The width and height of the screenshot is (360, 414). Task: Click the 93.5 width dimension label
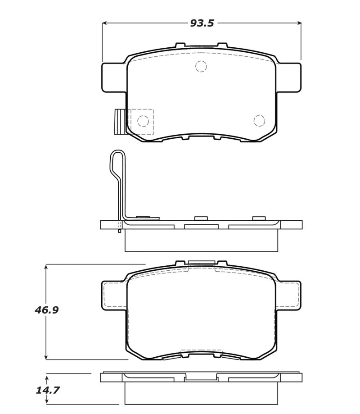click(202, 23)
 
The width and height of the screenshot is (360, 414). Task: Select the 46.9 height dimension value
click(47, 310)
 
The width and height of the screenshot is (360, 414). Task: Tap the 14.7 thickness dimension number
click(47, 390)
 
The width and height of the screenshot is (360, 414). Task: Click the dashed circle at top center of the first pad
click(201, 67)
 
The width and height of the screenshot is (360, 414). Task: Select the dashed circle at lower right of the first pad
click(259, 121)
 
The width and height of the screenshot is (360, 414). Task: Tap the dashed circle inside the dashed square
click(143, 121)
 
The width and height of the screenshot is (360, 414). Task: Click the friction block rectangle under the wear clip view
click(201, 241)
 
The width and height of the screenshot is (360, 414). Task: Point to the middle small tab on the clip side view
click(201, 218)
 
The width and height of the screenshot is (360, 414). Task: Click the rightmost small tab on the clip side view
click(259, 218)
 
